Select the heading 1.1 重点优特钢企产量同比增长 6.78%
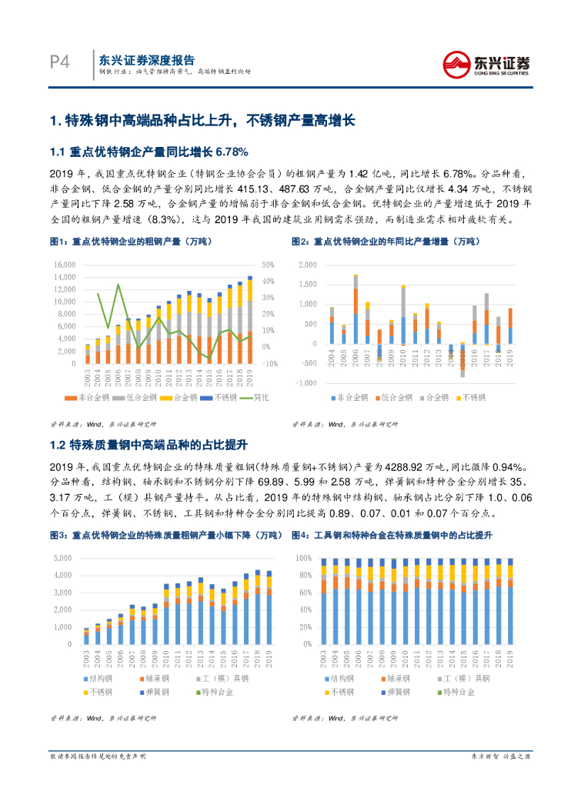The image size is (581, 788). [149, 151]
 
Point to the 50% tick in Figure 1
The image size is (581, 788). [269, 264]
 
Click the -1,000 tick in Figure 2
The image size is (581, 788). [306, 383]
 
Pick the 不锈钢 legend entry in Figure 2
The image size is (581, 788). [472, 398]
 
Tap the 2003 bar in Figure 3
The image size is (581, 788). [86, 636]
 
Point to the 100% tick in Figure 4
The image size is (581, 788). [304, 557]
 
